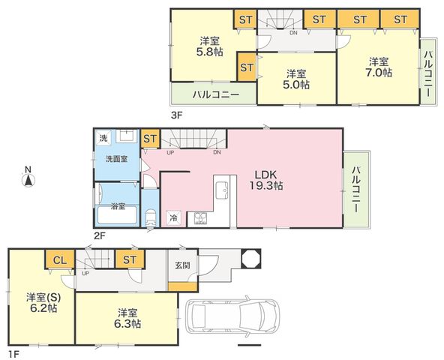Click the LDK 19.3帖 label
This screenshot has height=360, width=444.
click(266, 180)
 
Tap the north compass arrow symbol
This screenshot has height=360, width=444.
click(28, 181)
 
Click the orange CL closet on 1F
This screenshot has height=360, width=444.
click(60, 259)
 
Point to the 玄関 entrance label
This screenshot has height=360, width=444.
click(182, 265)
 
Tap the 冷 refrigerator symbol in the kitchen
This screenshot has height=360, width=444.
click(173, 217)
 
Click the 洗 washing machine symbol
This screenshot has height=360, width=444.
click(103, 138)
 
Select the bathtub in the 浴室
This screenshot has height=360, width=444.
click(118, 215)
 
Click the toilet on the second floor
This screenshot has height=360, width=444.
click(150, 217)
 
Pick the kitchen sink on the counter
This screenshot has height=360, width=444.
click(222, 190)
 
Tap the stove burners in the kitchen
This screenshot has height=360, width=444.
click(200, 218)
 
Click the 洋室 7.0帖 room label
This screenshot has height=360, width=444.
click(378, 67)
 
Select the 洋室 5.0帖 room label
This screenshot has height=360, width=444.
click(296, 79)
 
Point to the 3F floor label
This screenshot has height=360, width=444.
click(177, 115)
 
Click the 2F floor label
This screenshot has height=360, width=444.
click(100, 235)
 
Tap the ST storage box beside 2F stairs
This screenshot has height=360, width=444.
click(150, 139)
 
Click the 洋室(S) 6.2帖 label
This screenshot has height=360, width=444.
click(43, 302)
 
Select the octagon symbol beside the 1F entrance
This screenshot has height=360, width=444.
click(250, 258)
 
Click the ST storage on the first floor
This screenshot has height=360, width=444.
click(130, 259)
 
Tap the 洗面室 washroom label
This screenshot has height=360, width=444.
click(116, 159)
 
